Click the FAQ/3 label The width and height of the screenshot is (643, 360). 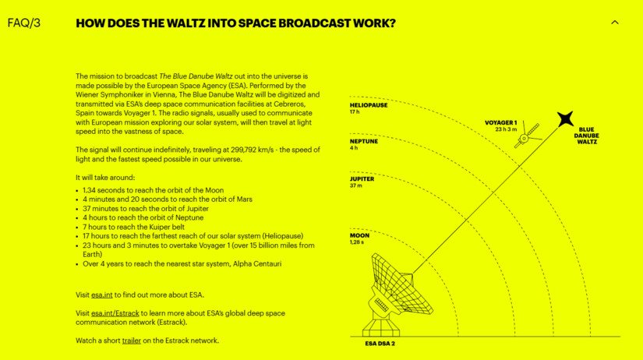[24, 23]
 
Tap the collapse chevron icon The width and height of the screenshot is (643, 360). [615, 23]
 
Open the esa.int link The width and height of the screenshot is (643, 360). [101, 295]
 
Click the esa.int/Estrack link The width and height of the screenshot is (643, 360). [115, 313]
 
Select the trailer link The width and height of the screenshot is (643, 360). [131, 341]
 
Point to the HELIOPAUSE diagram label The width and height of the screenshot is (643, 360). [369, 105]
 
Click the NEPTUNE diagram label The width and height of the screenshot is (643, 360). [364, 142]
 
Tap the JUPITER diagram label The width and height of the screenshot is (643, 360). [362, 179]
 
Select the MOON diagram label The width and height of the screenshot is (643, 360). [359, 236]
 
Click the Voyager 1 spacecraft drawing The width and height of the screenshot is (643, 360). [528, 135]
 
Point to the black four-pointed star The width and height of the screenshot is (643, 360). [565, 119]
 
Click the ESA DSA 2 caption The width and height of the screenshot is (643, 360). [380, 344]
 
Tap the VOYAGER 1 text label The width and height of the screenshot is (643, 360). [500, 122]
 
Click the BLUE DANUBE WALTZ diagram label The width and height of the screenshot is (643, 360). [586, 136]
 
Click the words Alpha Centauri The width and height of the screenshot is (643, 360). [257, 264]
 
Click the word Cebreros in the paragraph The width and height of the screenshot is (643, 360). [291, 104]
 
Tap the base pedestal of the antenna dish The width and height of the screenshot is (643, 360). [381, 327]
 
